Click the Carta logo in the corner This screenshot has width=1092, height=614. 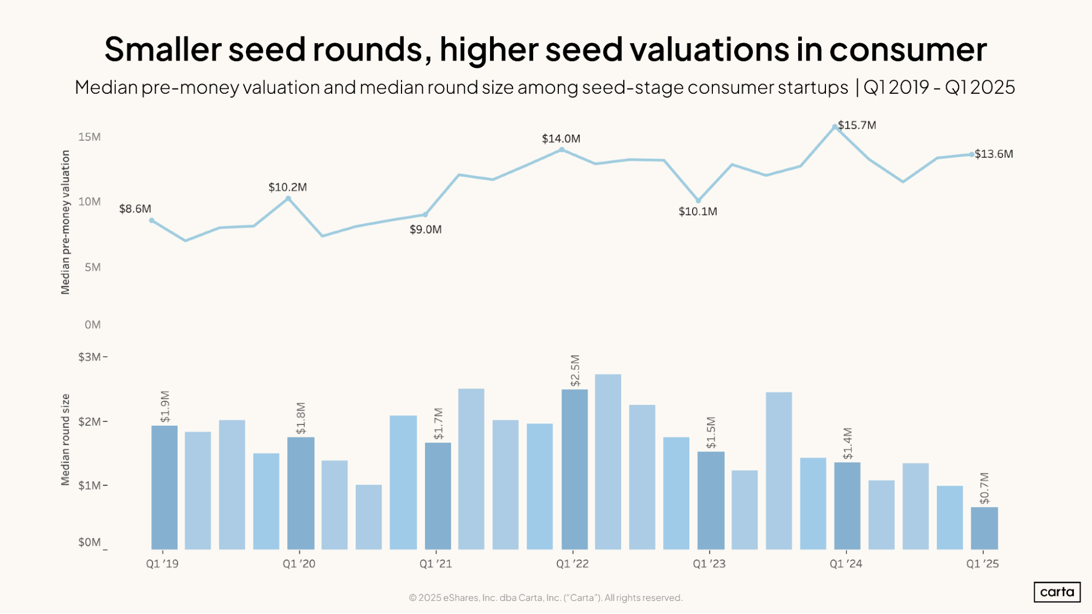tap(1056, 592)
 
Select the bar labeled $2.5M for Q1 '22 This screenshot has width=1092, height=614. tap(574, 469)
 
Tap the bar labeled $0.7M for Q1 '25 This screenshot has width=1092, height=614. tap(984, 528)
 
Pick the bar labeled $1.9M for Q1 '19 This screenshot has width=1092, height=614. tap(164, 487)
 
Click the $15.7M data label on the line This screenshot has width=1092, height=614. tap(857, 126)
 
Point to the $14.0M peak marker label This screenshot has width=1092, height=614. tap(561, 139)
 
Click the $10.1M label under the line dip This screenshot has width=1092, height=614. tap(698, 212)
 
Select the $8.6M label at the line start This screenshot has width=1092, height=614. tap(135, 209)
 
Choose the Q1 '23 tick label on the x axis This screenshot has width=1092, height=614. tap(709, 564)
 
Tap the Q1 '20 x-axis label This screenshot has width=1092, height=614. tap(299, 564)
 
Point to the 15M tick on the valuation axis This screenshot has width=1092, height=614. tap(90, 137)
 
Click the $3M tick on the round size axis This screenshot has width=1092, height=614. tap(90, 357)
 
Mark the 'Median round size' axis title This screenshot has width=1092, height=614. tap(66, 439)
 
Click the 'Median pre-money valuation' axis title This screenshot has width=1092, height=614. tap(66, 222)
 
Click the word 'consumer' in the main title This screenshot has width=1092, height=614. tap(908, 49)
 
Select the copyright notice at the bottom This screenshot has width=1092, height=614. tap(545, 598)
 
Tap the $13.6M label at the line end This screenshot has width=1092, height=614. tap(994, 154)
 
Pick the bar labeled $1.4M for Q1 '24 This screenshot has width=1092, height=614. tap(847, 506)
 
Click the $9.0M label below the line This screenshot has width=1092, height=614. tap(426, 230)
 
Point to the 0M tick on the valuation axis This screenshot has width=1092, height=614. tap(92, 325)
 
